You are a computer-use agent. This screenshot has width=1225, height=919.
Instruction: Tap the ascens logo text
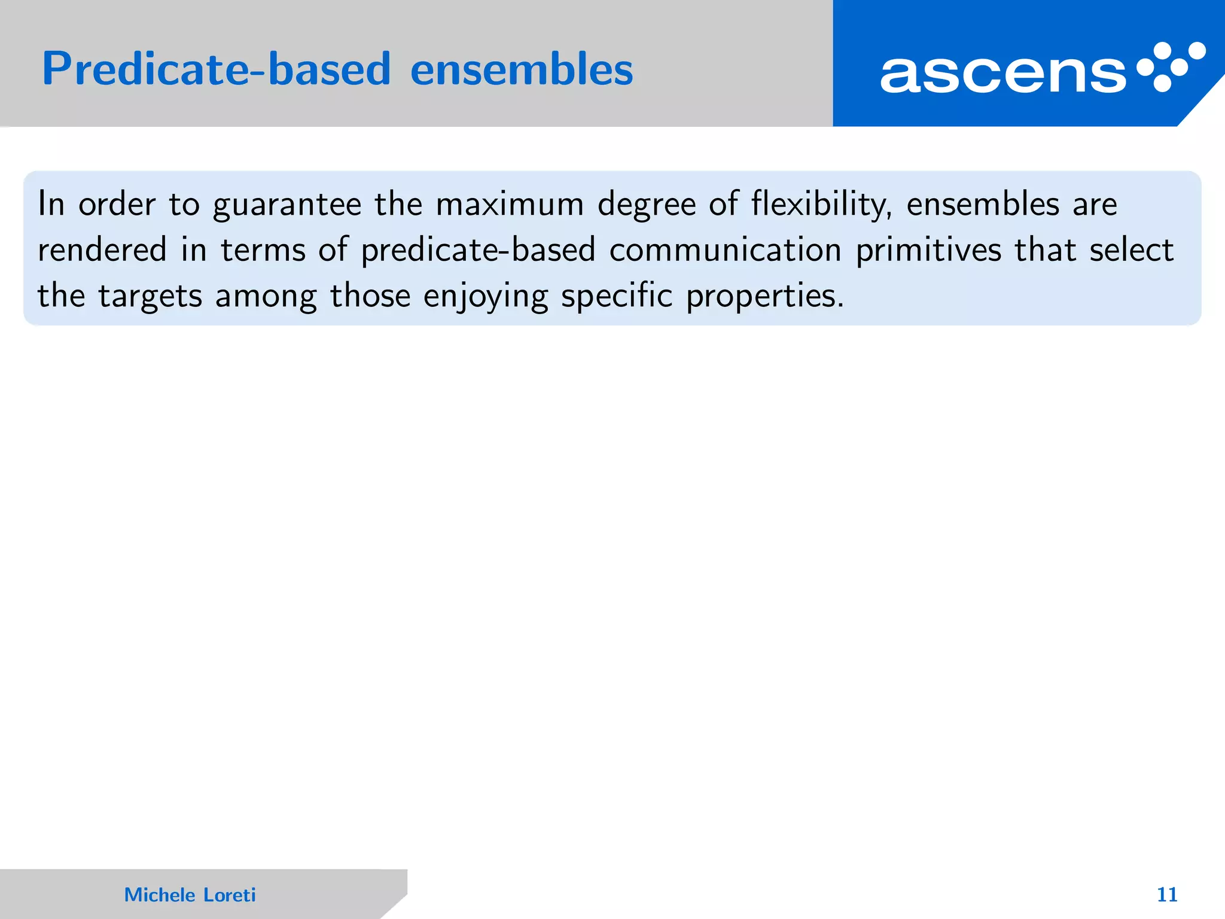(1002, 74)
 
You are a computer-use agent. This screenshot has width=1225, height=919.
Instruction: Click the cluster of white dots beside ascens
(1171, 66)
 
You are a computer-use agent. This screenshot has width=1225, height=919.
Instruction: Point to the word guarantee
(287, 205)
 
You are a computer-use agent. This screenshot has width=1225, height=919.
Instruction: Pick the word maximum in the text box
(510, 204)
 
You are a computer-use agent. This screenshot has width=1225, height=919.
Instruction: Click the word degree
(647, 205)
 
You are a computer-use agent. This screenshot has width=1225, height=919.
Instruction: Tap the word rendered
(102, 249)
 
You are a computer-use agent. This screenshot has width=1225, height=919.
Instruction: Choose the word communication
(726, 249)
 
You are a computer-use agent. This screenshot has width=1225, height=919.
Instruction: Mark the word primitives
(928, 251)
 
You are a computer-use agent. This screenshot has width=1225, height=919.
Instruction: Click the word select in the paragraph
(1131, 249)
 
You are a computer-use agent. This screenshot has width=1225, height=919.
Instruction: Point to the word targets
(150, 296)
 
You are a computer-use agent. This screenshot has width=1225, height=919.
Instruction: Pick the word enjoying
(485, 296)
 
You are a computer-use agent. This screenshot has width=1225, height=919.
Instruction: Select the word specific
(617, 296)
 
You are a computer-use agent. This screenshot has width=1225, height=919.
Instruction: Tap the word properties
(764, 296)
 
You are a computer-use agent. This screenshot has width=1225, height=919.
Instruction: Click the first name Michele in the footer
(160, 894)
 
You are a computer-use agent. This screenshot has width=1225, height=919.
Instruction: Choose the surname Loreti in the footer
(230, 894)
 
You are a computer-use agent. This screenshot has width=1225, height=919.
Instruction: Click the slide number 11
(1167, 894)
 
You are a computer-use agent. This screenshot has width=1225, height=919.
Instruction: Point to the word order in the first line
(117, 204)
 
